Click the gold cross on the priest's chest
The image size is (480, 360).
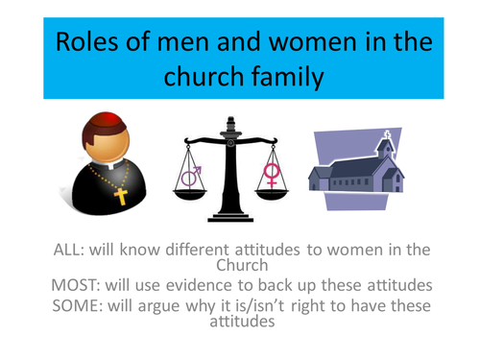pyautogui.click(x=120, y=197)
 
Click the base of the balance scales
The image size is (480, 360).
pyautogui.click(x=230, y=216)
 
